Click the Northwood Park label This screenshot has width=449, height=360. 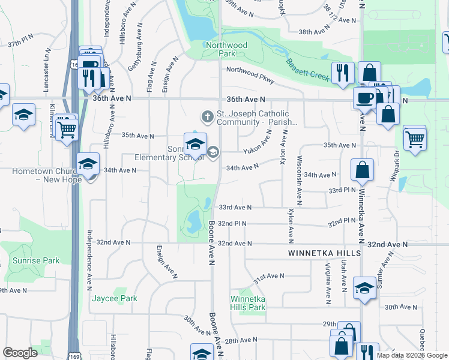click(218, 49)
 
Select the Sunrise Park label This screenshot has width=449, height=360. click(36, 260)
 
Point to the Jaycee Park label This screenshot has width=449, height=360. click(114, 298)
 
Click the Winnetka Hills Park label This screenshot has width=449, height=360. click(247, 303)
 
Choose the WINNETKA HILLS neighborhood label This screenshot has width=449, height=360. click(324, 254)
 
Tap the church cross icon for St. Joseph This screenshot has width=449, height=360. click(207, 115)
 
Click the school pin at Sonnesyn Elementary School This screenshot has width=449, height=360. click(195, 145)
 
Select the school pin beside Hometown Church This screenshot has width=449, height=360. click(88, 164)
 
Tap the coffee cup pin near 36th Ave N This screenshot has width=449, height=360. click(364, 98)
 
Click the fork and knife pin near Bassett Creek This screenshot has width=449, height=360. click(343, 73)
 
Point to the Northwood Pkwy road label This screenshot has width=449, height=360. click(250, 79)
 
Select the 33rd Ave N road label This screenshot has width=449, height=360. click(234, 207)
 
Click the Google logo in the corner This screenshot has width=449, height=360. click(20, 353)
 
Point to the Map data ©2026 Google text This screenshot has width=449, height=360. click(411, 355)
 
